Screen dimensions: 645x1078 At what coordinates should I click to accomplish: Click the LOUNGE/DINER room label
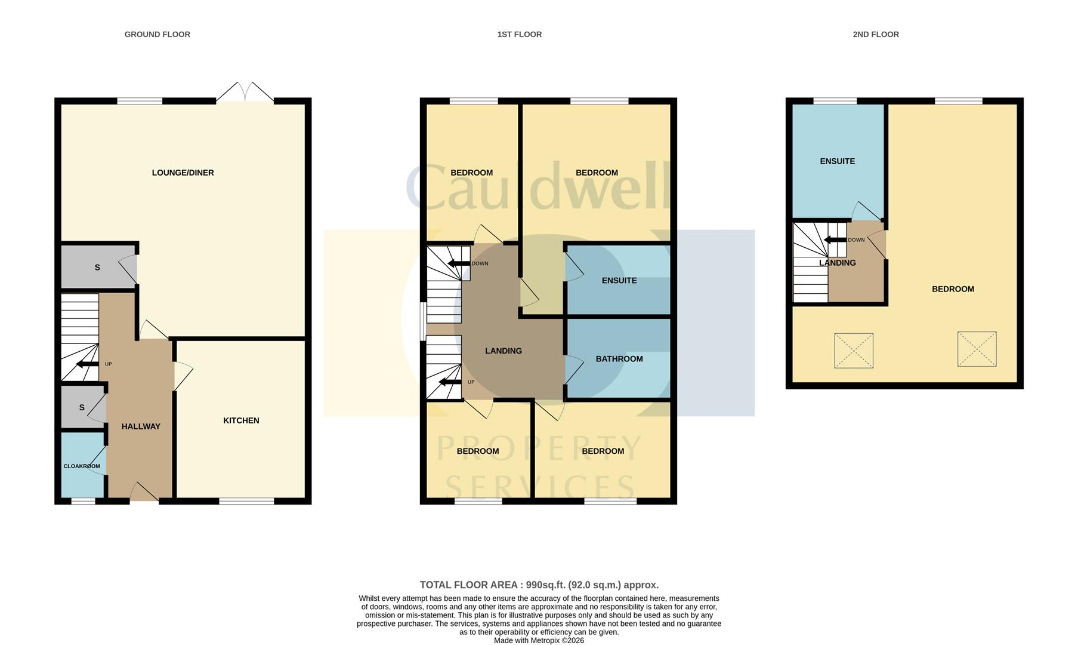(183, 173)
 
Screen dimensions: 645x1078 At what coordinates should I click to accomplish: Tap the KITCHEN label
(241, 420)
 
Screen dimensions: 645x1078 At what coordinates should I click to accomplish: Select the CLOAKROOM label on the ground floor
(82, 466)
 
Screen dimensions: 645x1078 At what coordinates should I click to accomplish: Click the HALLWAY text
(141, 426)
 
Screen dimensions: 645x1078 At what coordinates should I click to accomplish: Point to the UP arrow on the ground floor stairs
(87, 364)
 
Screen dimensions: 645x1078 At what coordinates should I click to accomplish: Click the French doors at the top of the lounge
(245, 93)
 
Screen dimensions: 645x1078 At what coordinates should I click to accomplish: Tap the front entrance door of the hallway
(144, 493)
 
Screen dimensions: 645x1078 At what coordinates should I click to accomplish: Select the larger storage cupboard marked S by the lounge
(98, 268)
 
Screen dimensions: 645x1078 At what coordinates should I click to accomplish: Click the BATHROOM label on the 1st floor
(619, 359)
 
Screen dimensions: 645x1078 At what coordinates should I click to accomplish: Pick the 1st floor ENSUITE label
(619, 280)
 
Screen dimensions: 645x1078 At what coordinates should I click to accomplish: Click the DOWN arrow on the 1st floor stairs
(459, 263)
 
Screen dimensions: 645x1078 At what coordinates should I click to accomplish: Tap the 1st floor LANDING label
(503, 351)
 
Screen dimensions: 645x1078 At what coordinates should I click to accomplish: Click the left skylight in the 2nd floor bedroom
(853, 350)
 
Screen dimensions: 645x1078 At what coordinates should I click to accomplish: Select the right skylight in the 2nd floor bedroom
(977, 349)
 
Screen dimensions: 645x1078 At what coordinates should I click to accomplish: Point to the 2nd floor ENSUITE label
(837, 161)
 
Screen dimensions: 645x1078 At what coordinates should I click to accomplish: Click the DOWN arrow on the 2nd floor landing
(835, 240)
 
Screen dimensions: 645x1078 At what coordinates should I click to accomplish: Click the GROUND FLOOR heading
(157, 34)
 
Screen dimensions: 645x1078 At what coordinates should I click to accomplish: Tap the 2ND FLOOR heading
(875, 34)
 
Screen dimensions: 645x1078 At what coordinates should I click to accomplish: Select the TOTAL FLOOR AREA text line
(539, 585)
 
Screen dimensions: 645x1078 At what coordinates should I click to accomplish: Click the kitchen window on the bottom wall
(246, 500)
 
